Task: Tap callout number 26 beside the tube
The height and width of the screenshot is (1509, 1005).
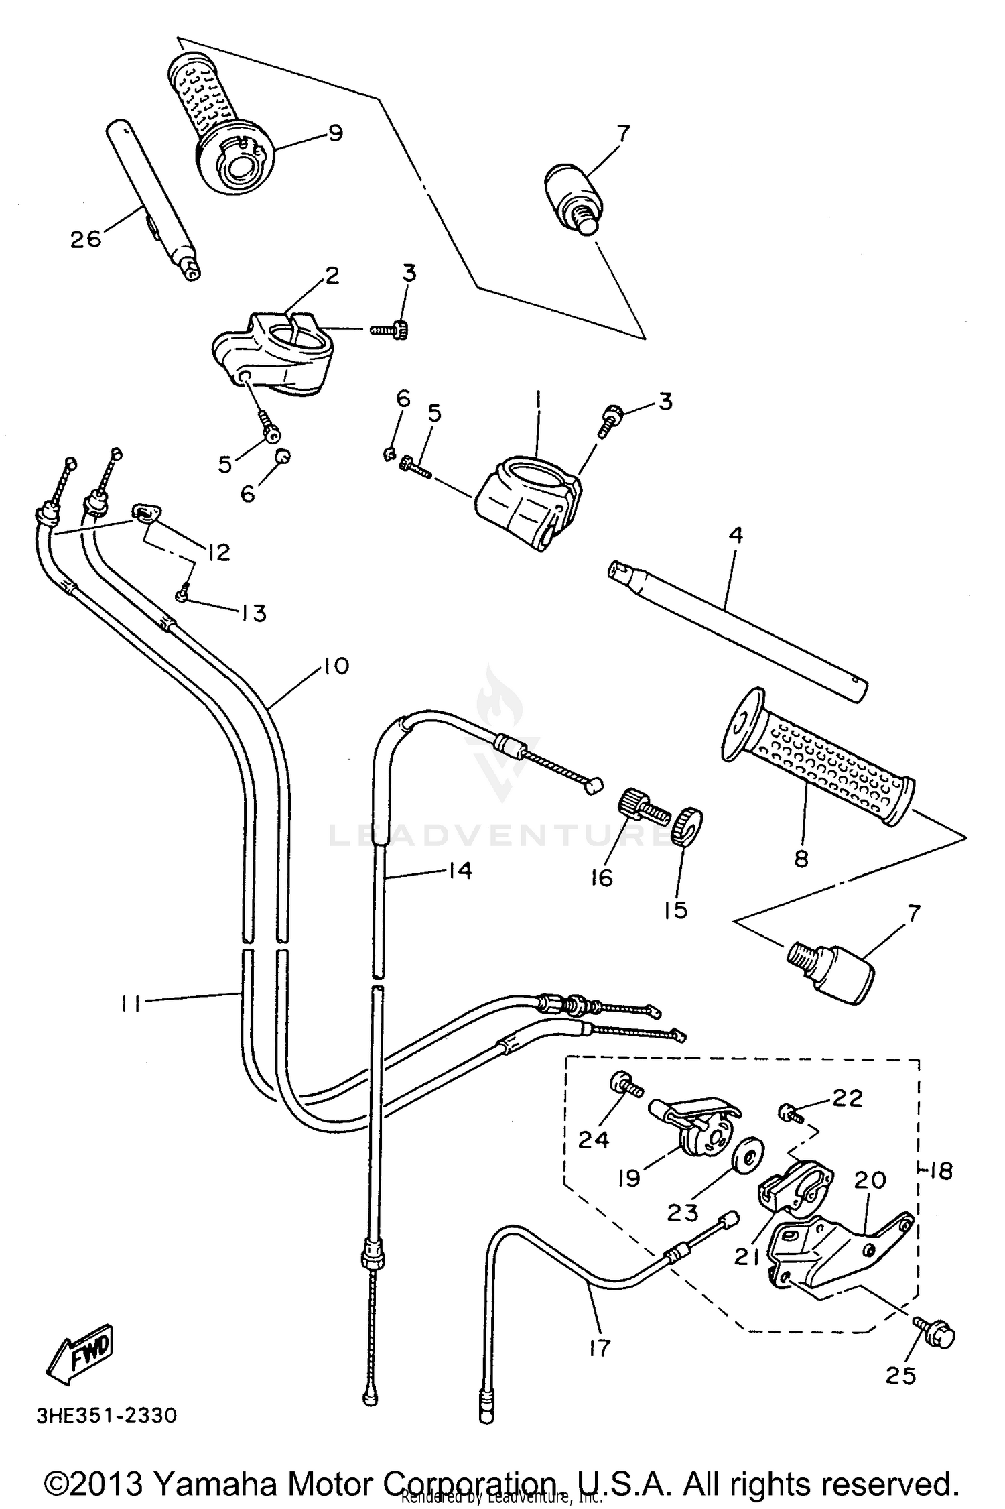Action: click(x=86, y=239)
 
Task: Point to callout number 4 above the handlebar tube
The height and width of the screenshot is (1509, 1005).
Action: click(x=736, y=535)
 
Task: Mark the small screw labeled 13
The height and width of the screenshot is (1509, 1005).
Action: click(x=182, y=593)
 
